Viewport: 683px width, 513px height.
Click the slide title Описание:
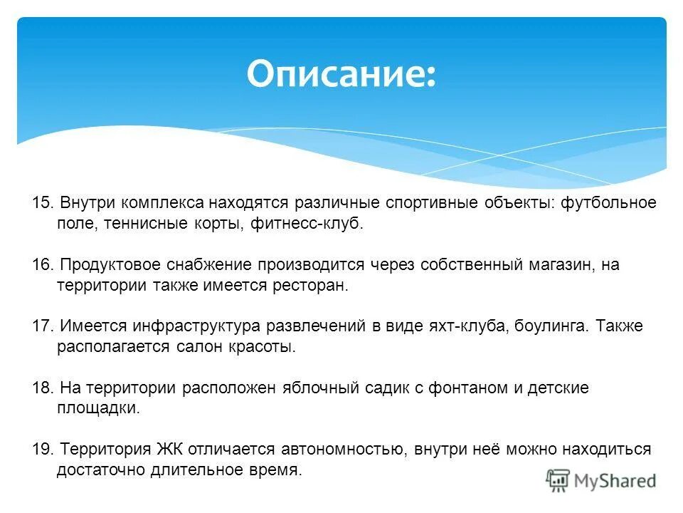coord(341,74)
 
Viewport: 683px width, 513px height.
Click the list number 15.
coord(42,203)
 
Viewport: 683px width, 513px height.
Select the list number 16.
coord(42,265)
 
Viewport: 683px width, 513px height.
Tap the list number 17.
coord(42,326)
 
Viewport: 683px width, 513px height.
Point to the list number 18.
coord(42,388)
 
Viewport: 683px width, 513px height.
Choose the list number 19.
coord(42,450)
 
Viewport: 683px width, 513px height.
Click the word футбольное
coord(608,203)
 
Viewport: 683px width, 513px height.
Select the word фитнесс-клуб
coord(307,224)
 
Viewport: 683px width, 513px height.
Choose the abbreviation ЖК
coord(171,450)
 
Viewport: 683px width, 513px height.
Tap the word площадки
coord(98,409)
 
